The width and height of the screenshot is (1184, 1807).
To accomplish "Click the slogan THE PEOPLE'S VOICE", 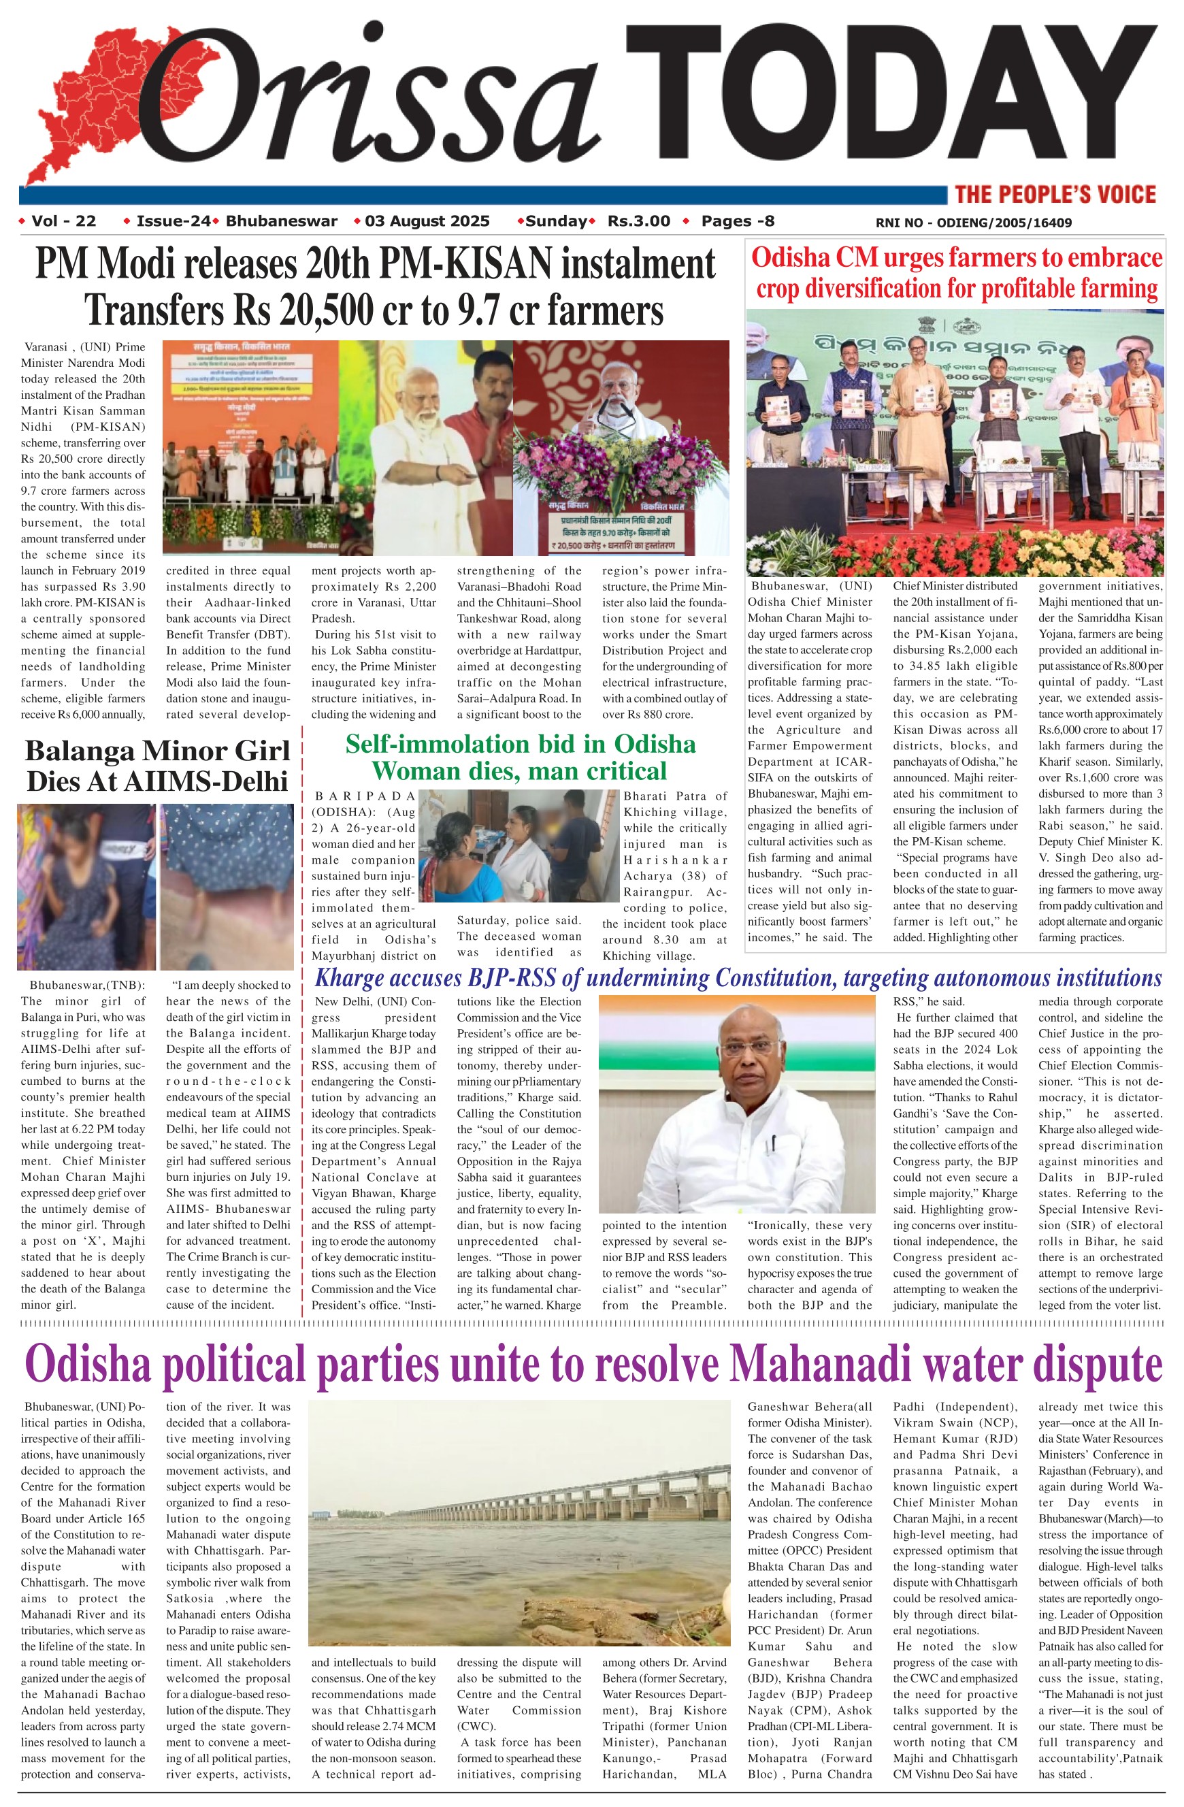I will pyautogui.click(x=1055, y=195).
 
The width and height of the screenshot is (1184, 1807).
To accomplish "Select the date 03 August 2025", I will pyautogui.click(x=427, y=222).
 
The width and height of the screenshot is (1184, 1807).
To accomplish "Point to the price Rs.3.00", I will pyautogui.click(x=638, y=222).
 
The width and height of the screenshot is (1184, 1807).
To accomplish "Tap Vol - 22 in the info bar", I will pyautogui.click(x=64, y=222).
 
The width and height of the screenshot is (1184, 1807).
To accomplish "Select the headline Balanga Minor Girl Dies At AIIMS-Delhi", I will pyautogui.click(x=157, y=765).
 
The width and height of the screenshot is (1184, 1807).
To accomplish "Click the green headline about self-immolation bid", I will pyautogui.click(x=520, y=757).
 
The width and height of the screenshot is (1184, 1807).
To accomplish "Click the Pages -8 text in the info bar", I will pyautogui.click(x=738, y=222).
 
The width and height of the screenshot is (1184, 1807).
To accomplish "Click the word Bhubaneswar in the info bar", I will pyautogui.click(x=282, y=222).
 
